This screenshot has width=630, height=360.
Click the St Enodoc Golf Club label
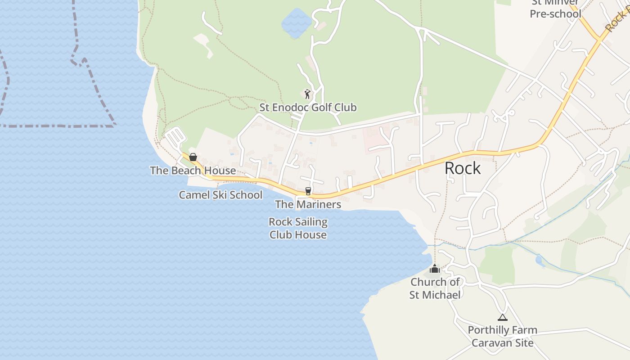(308, 108)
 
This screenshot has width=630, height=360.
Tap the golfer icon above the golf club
(307, 94)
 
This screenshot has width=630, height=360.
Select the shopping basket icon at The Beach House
(193, 157)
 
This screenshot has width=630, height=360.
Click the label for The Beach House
(193, 171)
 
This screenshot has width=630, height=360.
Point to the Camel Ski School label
(220, 195)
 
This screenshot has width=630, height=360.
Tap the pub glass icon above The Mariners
(308, 191)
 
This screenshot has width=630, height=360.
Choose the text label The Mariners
(308, 204)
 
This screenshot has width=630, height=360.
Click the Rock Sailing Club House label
(298, 228)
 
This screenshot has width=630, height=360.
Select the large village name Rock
(463, 168)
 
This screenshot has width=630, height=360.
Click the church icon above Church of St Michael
(435, 269)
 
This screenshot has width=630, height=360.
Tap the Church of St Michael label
(435, 288)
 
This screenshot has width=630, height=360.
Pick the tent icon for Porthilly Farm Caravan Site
(502, 317)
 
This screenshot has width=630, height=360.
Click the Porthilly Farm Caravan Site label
(502, 336)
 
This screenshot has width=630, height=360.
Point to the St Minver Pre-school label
(555, 9)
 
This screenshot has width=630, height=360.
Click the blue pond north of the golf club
(297, 22)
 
